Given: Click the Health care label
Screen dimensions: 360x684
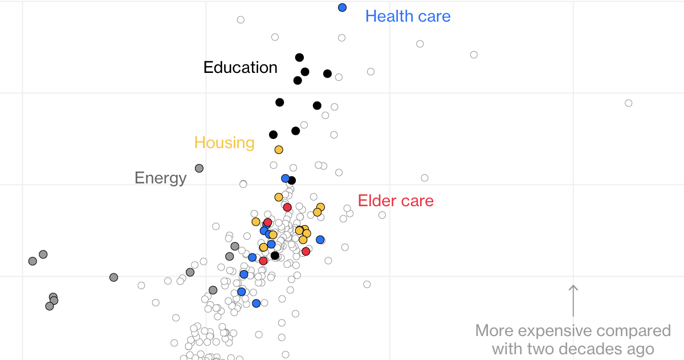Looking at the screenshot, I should pyautogui.click(x=408, y=16).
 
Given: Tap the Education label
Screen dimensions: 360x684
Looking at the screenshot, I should pyautogui.click(x=240, y=67).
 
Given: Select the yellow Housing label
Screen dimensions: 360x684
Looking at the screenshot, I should pyautogui.click(x=224, y=142).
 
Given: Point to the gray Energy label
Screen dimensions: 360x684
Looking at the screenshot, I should pyautogui.click(x=160, y=178).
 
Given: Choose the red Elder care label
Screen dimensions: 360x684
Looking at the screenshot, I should pyautogui.click(x=396, y=201).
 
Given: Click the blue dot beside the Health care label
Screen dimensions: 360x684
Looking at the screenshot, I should pyautogui.click(x=342, y=7).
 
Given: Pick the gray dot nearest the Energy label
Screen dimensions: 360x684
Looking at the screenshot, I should pyautogui.click(x=199, y=168).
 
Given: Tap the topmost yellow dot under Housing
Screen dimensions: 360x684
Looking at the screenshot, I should pyautogui.click(x=279, y=150).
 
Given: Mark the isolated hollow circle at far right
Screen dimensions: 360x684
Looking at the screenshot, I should pyautogui.click(x=628, y=103).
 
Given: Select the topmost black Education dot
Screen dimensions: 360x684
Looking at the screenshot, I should pyautogui.click(x=299, y=58).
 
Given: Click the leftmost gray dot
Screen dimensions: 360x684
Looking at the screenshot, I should pyautogui.click(x=32, y=261).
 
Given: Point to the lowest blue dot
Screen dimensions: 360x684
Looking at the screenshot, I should pyautogui.click(x=256, y=303).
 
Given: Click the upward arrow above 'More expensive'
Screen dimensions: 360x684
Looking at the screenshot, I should pyautogui.click(x=573, y=300).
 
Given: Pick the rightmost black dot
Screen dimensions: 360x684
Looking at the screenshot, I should pyautogui.click(x=327, y=73).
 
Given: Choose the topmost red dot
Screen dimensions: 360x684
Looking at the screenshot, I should pyautogui.click(x=287, y=207).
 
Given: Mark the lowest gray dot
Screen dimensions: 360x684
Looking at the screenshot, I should pyautogui.click(x=50, y=306).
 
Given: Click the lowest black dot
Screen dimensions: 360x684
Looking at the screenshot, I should pyautogui.click(x=275, y=255).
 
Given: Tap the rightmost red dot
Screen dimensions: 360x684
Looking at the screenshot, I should pyautogui.click(x=306, y=251).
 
